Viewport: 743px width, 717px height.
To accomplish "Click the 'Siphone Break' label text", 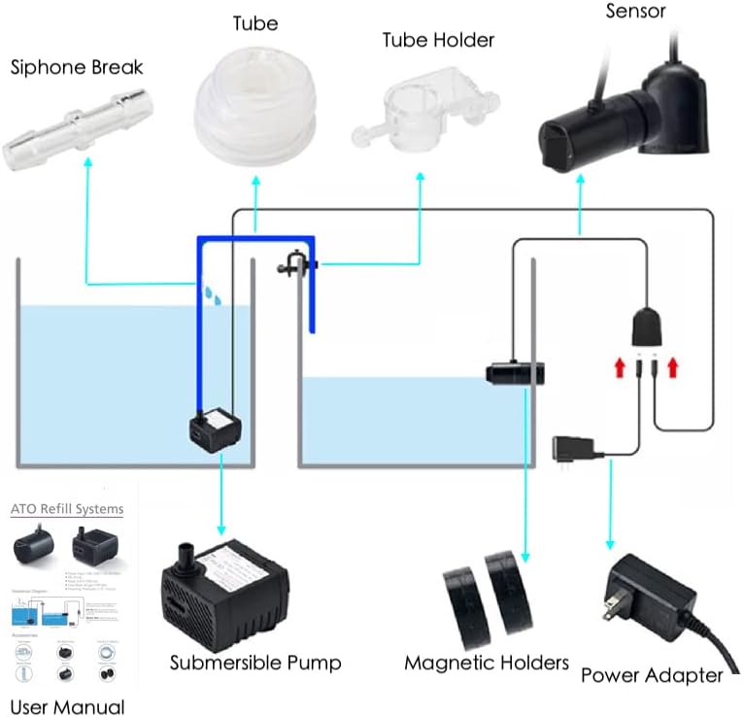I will [x=77, y=67].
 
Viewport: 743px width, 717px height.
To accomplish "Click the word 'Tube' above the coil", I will [x=255, y=22].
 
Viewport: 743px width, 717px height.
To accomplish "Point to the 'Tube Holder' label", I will [x=438, y=40].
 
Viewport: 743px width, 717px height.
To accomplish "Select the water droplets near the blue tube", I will [x=213, y=292].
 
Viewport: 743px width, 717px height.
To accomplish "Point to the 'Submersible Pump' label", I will [x=255, y=663].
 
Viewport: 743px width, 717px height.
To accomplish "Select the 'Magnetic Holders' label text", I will [x=487, y=663].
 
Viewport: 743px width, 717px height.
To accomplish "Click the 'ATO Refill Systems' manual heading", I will [x=67, y=508].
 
